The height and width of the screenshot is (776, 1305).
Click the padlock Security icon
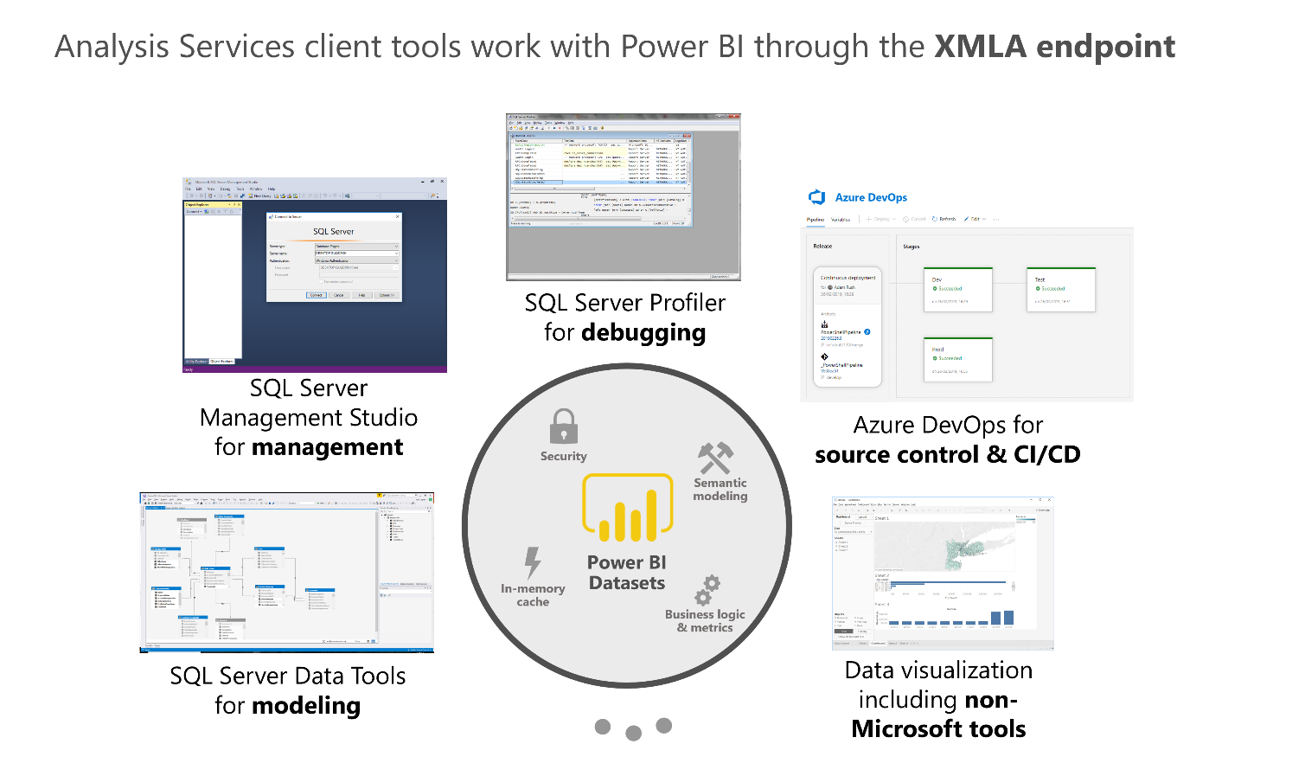[564, 426]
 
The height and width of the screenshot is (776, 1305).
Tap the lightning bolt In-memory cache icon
[533, 563]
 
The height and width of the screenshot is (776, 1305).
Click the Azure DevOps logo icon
[816, 197]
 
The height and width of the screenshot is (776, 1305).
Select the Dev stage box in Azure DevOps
[957, 289]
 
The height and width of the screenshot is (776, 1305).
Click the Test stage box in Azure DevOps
[1060, 289]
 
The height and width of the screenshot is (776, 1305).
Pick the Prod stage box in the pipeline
[957, 359]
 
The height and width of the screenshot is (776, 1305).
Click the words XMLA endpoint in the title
[1054, 47]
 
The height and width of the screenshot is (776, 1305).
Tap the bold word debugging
[643, 333]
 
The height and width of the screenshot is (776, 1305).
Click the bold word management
[328, 447]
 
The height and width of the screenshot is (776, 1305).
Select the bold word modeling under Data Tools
[306, 706]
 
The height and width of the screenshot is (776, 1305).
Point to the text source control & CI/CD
[947, 455]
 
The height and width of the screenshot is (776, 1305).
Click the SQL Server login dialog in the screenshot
[334, 257]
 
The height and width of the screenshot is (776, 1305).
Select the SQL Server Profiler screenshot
[623, 196]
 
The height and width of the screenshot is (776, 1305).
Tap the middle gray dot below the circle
[633, 734]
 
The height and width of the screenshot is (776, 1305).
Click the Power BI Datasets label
[627, 573]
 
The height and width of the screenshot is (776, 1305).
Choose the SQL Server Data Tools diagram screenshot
[286, 573]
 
